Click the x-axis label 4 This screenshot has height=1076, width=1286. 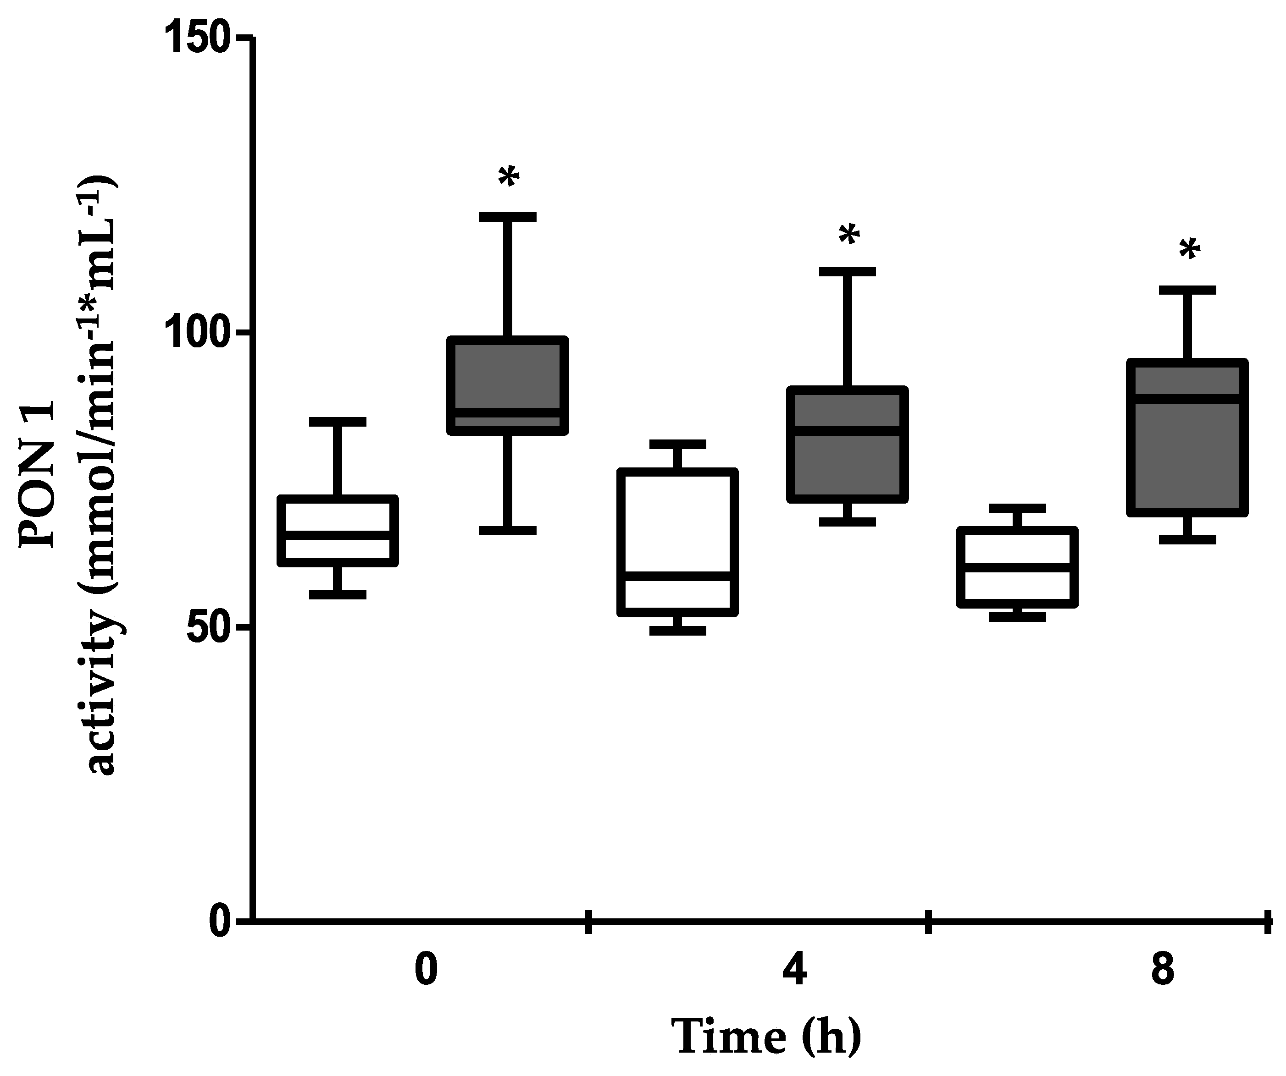(x=794, y=972)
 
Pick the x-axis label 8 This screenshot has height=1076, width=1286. (x=1162, y=972)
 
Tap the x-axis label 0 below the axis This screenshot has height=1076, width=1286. (x=426, y=972)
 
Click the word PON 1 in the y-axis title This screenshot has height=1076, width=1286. (x=38, y=474)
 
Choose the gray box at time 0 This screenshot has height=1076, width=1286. (x=508, y=385)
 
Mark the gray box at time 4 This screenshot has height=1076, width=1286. (x=847, y=445)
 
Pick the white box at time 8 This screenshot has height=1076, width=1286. (x=1017, y=567)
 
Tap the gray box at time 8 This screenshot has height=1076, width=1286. (x=1187, y=438)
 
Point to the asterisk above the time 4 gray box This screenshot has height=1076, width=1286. (x=849, y=235)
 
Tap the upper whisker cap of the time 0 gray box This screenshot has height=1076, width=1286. (x=508, y=217)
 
